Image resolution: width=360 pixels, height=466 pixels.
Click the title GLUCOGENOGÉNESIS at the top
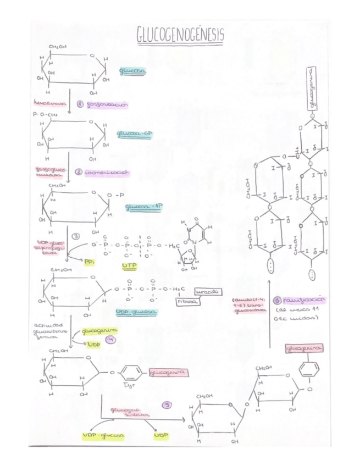click(180, 35)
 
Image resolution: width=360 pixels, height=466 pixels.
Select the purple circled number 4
click(112, 340)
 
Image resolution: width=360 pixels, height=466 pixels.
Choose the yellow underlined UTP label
click(128, 267)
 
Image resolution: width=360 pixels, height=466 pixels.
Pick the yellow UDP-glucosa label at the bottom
click(103, 435)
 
